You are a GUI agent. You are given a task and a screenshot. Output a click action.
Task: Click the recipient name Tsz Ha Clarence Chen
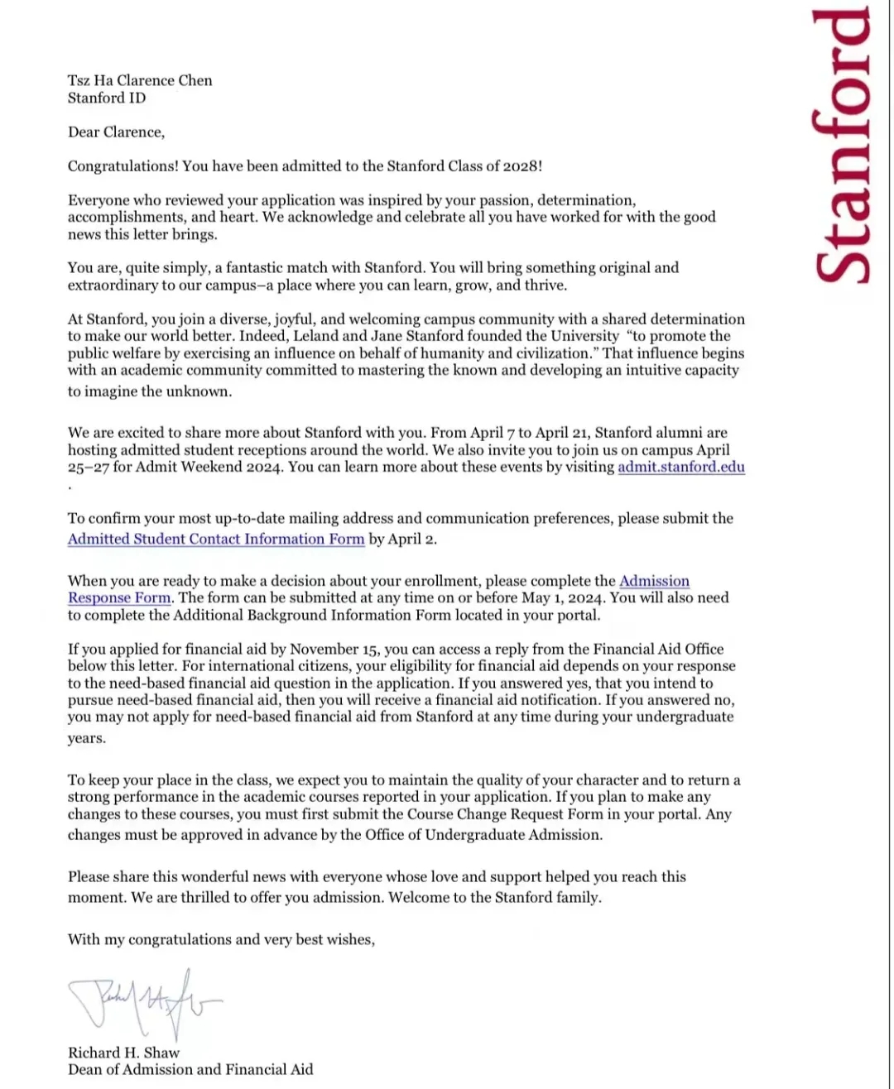(x=140, y=80)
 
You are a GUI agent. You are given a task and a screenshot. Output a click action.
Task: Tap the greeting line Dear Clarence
(x=116, y=132)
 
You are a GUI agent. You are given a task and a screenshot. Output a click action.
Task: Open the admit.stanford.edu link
(x=680, y=467)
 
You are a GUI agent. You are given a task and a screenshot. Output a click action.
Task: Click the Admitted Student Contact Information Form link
(x=216, y=539)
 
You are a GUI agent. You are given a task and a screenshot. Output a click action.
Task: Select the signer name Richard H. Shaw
(x=123, y=1053)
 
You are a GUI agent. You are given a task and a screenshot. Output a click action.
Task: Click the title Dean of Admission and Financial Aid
(x=190, y=1069)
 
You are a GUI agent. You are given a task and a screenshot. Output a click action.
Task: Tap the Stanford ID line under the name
(x=107, y=98)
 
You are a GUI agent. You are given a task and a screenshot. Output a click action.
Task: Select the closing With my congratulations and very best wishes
(x=221, y=939)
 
